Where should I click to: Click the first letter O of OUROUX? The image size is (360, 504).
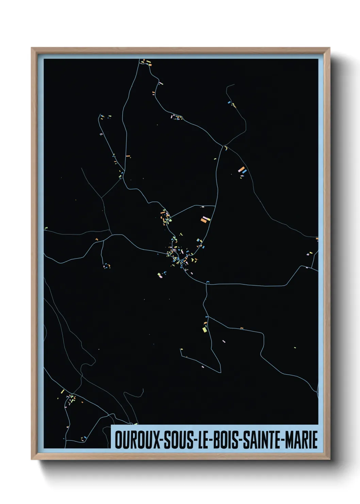coord(118,440)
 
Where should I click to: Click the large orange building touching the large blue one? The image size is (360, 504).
coord(241,169)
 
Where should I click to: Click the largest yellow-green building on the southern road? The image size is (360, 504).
coord(204,329)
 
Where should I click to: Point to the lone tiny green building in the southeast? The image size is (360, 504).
coord(295,348)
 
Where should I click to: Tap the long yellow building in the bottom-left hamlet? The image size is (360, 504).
coord(62,392)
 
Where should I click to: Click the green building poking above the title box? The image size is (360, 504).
coord(135,424)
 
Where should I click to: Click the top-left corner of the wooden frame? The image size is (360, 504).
coord(32,48)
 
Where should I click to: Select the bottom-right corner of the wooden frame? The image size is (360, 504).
coord(329,459)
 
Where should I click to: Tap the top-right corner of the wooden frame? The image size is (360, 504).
coord(329,48)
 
